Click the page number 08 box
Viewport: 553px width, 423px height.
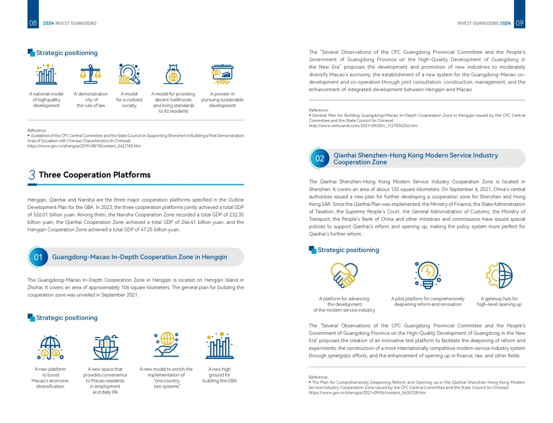pyautogui.click(x=33, y=23)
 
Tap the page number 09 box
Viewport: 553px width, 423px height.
pyautogui.click(x=519, y=23)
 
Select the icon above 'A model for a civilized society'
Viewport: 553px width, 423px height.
pyautogui.click(x=129, y=74)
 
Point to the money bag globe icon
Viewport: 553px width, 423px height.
pyautogui.click(x=174, y=75)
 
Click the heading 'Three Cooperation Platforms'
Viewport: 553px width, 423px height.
pyautogui.click(x=95, y=175)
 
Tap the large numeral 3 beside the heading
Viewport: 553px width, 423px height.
pyautogui.click(x=32, y=175)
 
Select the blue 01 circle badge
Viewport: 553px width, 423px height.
pyautogui.click(x=38, y=257)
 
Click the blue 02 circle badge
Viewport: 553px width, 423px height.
pyautogui.click(x=320, y=158)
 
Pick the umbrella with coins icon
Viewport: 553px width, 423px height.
pyautogui.click(x=50, y=347)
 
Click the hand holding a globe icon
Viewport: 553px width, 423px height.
pyautogui.click(x=166, y=345)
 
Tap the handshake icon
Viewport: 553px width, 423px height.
pyautogui.click(x=343, y=275)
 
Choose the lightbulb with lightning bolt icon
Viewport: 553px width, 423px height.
pyautogui.click(x=427, y=275)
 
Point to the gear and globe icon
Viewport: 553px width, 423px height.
pyautogui.click(x=499, y=275)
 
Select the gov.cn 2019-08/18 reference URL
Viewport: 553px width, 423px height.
pyautogui.click(x=84, y=146)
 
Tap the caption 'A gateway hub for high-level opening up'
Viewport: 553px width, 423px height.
pyautogui.click(x=499, y=302)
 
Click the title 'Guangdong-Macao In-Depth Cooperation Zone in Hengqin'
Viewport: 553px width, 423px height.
pyautogui.click(x=139, y=257)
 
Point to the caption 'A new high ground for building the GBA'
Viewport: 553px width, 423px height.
pyautogui.click(x=220, y=375)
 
